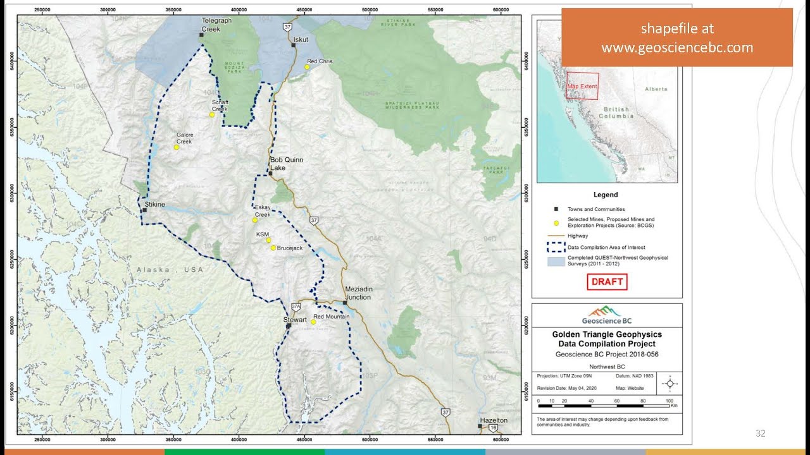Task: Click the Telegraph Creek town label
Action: pyautogui.click(x=213, y=25)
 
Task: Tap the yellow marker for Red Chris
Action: pyautogui.click(x=307, y=67)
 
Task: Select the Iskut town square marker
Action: pyautogui.click(x=294, y=45)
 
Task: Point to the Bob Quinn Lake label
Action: pyautogui.click(x=286, y=164)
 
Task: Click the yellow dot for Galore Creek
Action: pyautogui.click(x=177, y=147)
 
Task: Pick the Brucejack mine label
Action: pyautogui.click(x=290, y=248)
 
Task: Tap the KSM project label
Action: pyautogui.click(x=263, y=234)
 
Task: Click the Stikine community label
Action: pyautogui.click(x=154, y=204)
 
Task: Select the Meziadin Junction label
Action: pyautogui.click(x=358, y=293)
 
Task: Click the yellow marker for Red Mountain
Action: pyautogui.click(x=313, y=322)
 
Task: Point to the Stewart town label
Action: pyautogui.click(x=294, y=320)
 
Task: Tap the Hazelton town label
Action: pyautogui.click(x=494, y=420)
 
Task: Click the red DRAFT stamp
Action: pyautogui.click(x=607, y=282)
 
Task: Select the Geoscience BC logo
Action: pyautogui.click(x=606, y=315)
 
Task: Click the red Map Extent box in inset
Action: pyautogui.click(x=582, y=87)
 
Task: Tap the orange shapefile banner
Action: pyautogui.click(x=676, y=38)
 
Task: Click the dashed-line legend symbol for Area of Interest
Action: pyautogui.click(x=555, y=247)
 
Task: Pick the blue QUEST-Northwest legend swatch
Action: pyautogui.click(x=555, y=261)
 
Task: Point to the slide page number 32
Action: pyautogui.click(x=760, y=434)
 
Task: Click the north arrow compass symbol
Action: pyautogui.click(x=670, y=383)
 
